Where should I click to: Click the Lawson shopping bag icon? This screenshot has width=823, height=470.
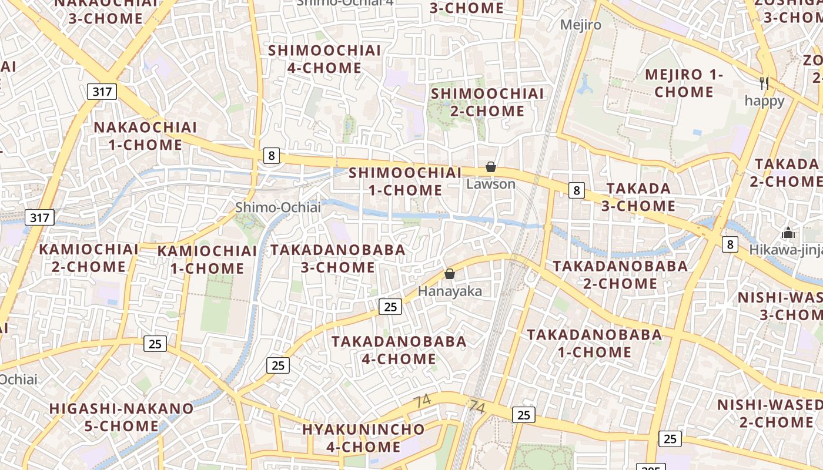[x=491, y=167]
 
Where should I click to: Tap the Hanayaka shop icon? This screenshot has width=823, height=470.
[x=450, y=274]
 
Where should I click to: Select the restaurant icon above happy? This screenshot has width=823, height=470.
[x=764, y=83]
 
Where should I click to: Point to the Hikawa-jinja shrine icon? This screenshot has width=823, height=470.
[x=788, y=233]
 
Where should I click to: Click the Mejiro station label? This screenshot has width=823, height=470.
[x=581, y=25]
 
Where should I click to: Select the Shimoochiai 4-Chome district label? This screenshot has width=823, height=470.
[x=324, y=59]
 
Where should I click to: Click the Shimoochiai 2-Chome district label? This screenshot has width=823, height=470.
[x=487, y=102]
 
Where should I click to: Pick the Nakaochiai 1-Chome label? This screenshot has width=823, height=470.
[x=145, y=136]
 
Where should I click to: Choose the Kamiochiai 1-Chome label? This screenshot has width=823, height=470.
[x=207, y=260]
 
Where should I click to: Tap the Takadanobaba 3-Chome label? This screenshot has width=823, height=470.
[x=337, y=258]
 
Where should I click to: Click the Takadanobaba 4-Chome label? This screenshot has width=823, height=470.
[x=399, y=350]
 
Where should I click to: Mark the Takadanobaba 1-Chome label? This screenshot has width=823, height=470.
[x=594, y=344]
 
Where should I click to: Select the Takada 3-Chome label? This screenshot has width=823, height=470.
[x=638, y=197]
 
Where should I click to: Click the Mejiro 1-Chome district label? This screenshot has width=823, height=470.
[x=684, y=83]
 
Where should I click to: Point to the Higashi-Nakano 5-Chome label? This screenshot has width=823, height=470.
[x=121, y=417]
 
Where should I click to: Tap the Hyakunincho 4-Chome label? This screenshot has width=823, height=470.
[x=363, y=438]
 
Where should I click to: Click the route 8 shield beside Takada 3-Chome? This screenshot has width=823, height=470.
[x=577, y=190]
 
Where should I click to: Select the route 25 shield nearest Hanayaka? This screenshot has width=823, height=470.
[x=390, y=306]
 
